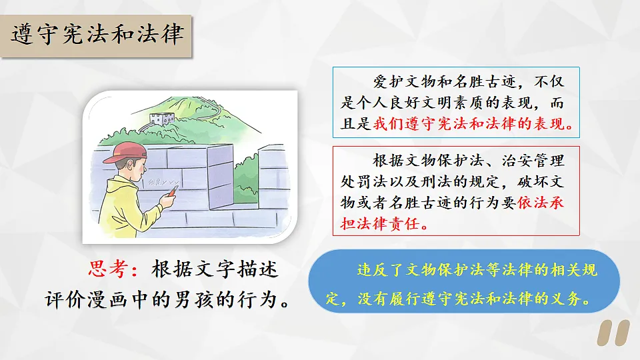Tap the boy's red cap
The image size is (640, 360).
(123, 152)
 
